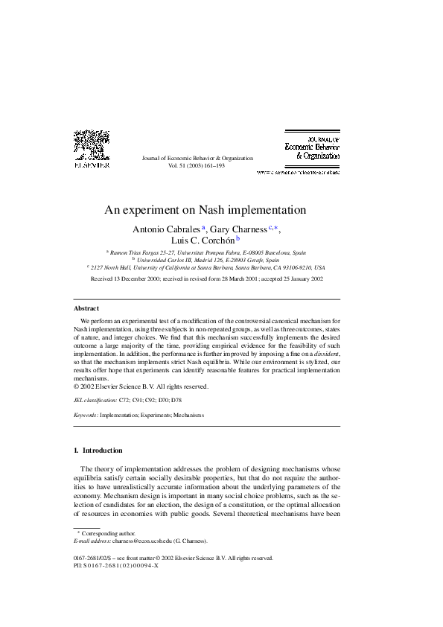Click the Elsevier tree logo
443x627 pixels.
91,144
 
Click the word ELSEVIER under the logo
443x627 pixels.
91,165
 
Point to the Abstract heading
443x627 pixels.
86,308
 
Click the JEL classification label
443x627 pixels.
95,400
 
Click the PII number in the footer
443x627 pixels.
116,564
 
